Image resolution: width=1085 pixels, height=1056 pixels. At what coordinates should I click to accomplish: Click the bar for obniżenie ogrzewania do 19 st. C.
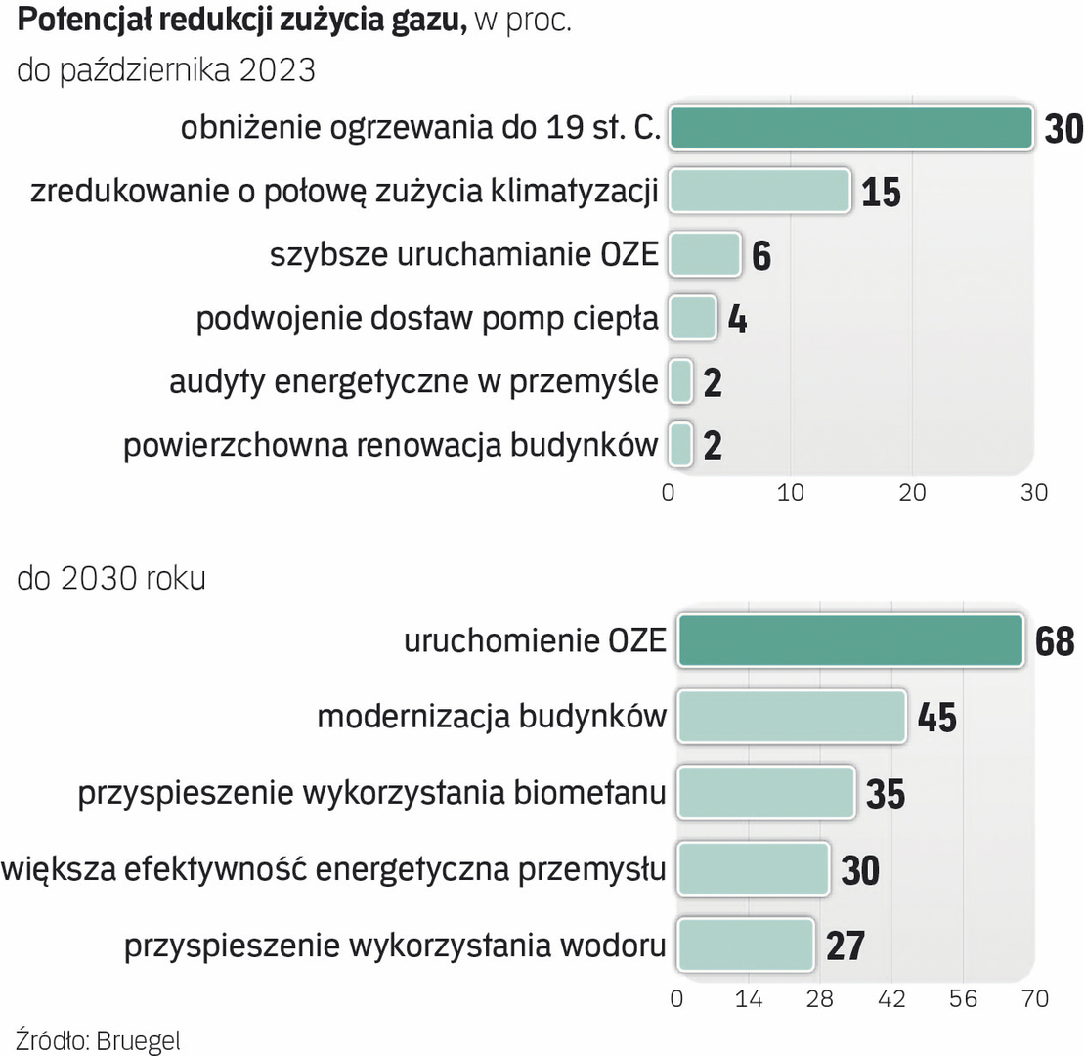coord(850,128)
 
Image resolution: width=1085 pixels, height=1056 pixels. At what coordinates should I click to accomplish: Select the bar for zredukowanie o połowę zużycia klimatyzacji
coord(759,191)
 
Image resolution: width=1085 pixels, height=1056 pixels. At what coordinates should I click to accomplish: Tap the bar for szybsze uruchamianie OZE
coord(705,254)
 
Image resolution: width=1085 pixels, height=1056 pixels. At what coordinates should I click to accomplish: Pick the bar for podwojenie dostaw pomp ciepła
coord(692,319)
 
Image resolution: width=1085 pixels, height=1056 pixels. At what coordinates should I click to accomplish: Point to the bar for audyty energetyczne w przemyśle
coord(681,381)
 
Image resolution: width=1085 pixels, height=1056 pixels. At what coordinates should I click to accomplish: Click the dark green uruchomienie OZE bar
coord(850,641)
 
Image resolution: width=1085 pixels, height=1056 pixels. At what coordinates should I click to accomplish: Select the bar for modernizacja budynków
coord(792,717)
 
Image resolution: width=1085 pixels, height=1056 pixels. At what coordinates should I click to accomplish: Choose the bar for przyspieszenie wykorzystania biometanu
coord(766,792)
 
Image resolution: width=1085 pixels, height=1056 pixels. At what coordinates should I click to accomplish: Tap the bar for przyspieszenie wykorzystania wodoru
coord(746,945)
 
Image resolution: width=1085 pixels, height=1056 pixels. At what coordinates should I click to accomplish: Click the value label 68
coord(1055,642)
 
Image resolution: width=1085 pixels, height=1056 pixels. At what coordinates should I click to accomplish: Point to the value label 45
coord(936,718)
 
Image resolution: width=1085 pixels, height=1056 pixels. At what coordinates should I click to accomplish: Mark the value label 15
coord(881,192)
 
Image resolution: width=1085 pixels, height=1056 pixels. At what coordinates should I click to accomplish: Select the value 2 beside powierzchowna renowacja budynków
coord(713,446)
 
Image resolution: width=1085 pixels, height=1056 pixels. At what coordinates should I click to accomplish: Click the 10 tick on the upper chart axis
coord(790,492)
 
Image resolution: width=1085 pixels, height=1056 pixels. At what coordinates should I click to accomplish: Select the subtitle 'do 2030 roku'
coord(111,578)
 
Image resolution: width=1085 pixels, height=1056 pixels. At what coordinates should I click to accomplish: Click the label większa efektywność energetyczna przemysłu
coord(334,868)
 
